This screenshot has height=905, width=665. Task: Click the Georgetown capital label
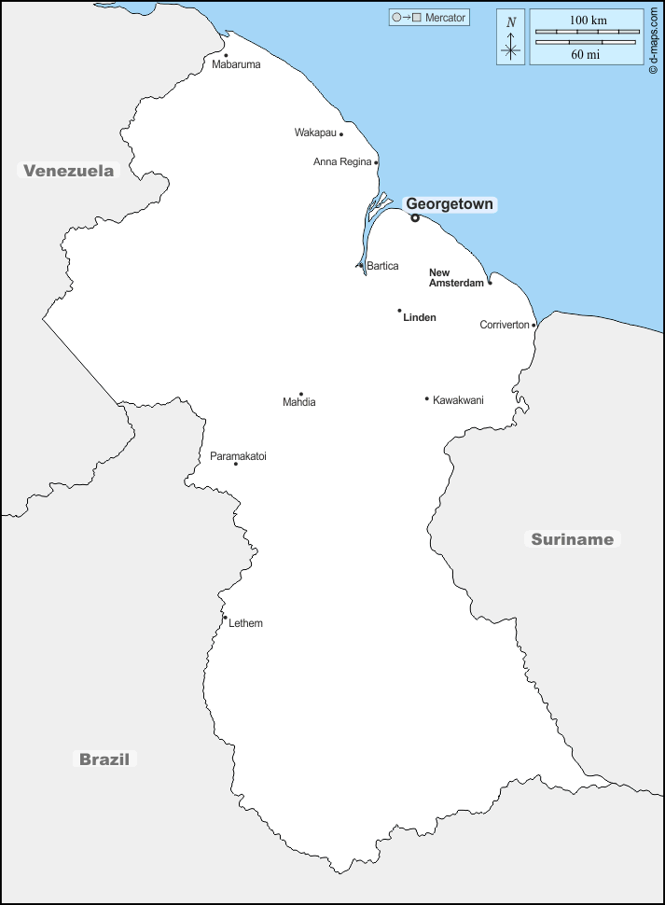click(x=450, y=204)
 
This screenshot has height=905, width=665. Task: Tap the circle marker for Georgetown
click(x=415, y=218)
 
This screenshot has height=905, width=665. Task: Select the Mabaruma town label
click(x=236, y=65)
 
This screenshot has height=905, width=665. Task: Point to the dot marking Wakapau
click(x=341, y=134)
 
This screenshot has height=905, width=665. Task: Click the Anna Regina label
click(x=342, y=162)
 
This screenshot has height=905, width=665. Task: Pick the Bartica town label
click(x=382, y=266)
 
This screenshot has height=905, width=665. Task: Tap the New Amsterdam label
click(x=456, y=277)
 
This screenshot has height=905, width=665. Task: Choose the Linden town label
click(x=420, y=317)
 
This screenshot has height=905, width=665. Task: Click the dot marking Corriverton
click(x=534, y=326)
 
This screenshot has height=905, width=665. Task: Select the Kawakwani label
click(x=458, y=400)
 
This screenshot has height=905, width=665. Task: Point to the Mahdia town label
click(x=299, y=402)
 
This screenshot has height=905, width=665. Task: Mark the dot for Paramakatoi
click(x=236, y=464)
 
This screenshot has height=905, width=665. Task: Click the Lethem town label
click(x=245, y=623)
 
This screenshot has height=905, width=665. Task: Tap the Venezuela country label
click(x=69, y=171)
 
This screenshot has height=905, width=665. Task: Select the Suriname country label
click(x=573, y=539)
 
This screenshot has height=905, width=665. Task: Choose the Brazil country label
click(x=104, y=759)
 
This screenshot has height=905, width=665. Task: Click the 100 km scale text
click(x=588, y=20)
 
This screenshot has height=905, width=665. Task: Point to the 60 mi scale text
click(x=586, y=55)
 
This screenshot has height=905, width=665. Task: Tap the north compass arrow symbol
click(x=510, y=38)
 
